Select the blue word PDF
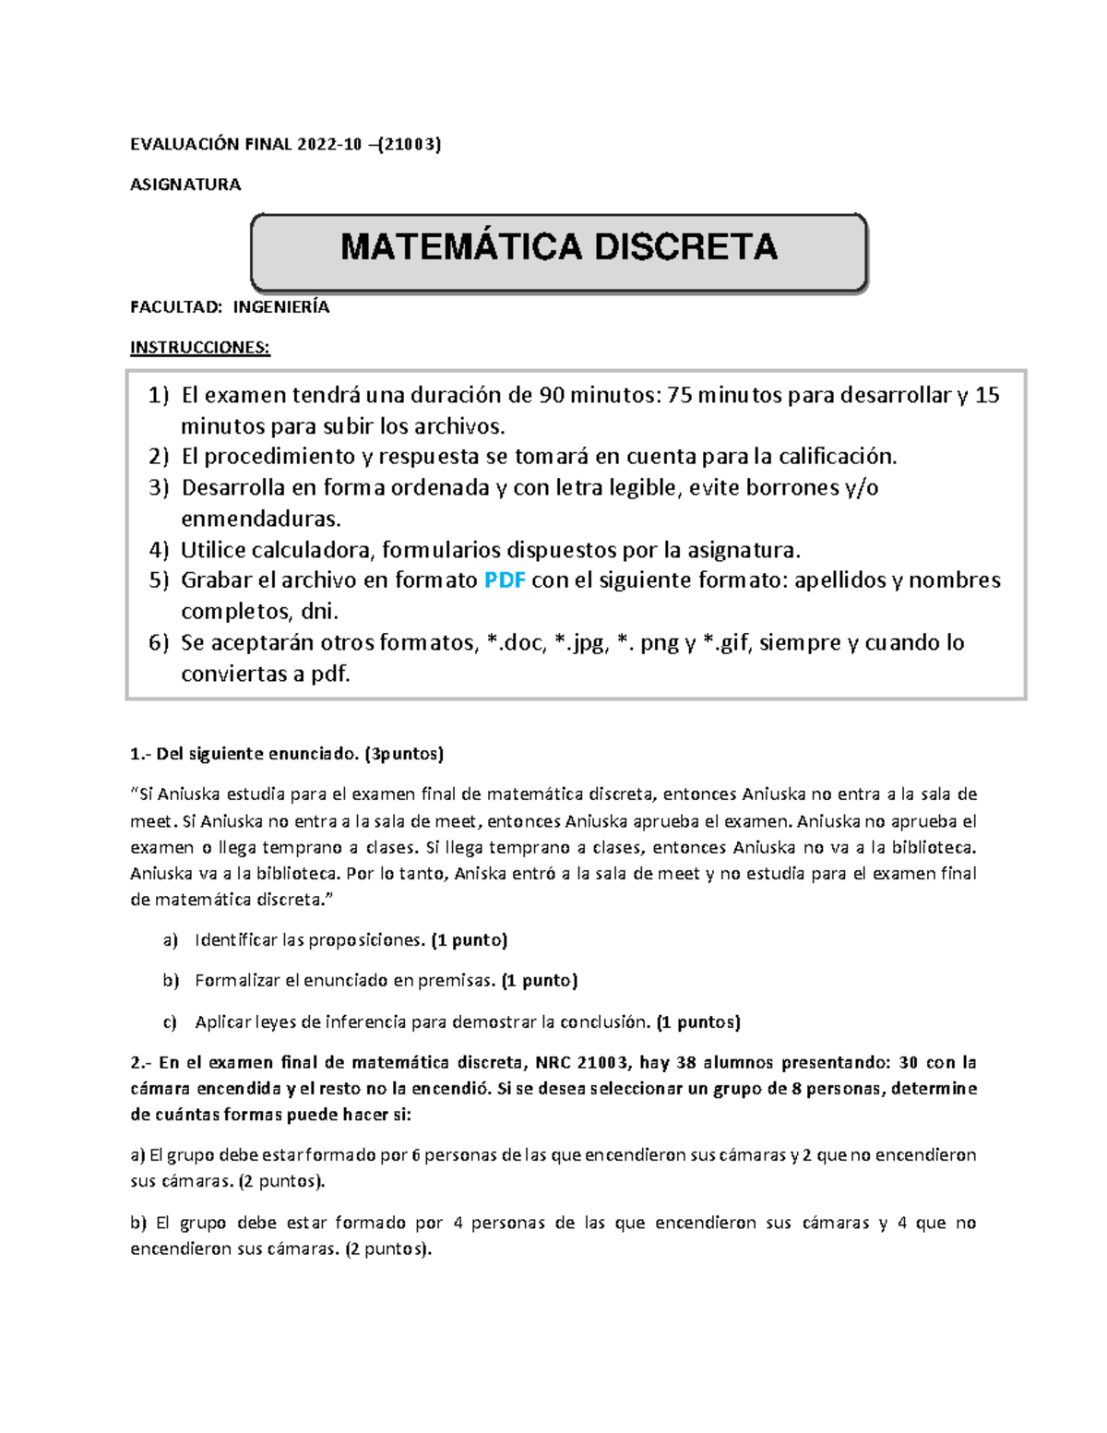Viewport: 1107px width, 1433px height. pos(505,580)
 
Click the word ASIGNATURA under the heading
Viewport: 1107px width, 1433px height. pos(185,185)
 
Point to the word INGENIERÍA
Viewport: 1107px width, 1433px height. pos(280,307)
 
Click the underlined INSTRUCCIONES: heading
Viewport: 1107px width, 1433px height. pos(200,348)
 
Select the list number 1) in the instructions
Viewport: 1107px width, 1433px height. pos(159,396)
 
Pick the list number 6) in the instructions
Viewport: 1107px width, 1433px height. pos(159,643)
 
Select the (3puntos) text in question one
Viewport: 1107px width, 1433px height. pos(404,754)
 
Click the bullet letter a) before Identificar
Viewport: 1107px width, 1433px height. pos(170,940)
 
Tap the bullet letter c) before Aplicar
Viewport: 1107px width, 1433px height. pos(170,1022)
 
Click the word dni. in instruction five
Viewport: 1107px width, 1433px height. pos(320,612)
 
